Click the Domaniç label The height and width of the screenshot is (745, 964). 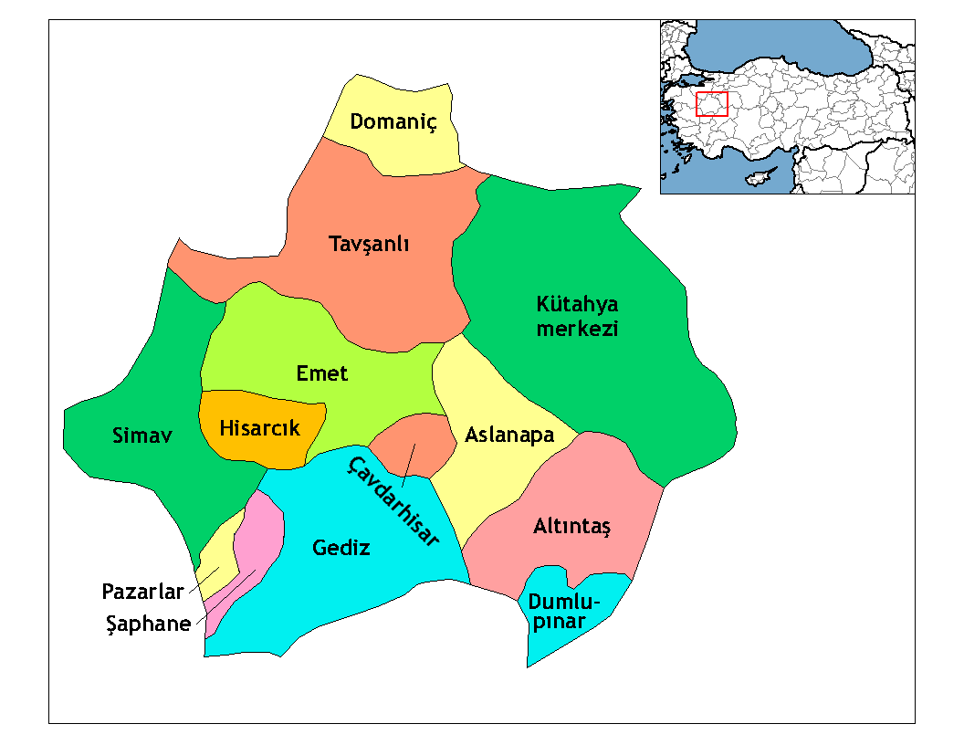click(393, 121)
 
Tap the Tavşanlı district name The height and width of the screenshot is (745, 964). click(369, 245)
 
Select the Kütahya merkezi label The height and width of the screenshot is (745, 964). click(577, 316)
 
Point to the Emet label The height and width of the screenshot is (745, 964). click(322, 374)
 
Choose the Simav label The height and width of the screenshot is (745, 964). click(141, 435)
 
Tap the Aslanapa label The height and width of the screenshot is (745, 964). click(509, 435)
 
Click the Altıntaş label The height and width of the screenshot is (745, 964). click(571, 527)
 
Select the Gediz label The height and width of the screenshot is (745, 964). click(341, 549)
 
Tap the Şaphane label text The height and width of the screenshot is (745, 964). click(147, 624)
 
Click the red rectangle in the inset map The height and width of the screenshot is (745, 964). click(712, 104)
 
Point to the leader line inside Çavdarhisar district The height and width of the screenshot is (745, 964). click(410, 461)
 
